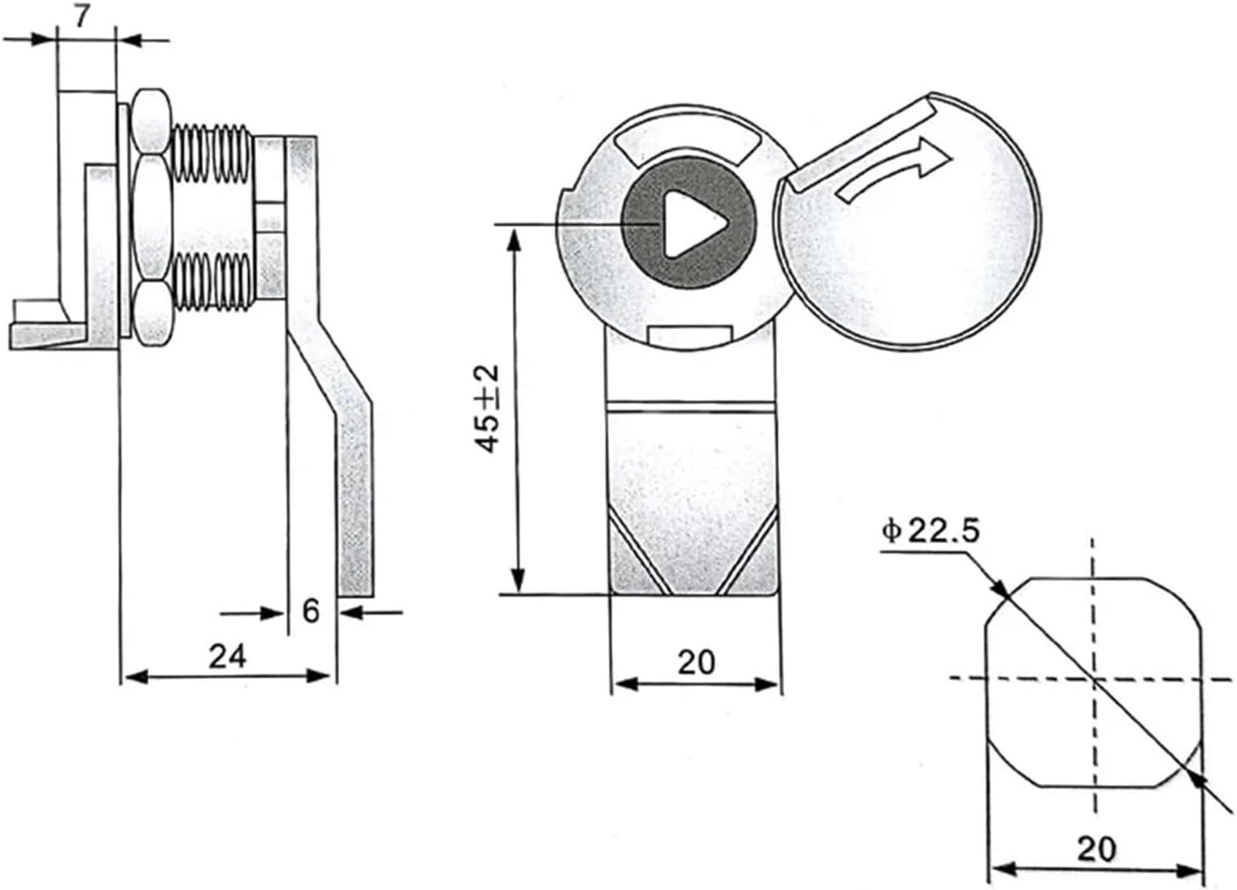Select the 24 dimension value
pyautogui.click(x=226, y=655)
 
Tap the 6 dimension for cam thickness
pyautogui.click(x=311, y=610)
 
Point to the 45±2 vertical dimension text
pyautogui.click(x=489, y=408)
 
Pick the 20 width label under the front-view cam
pyautogui.click(x=695, y=662)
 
